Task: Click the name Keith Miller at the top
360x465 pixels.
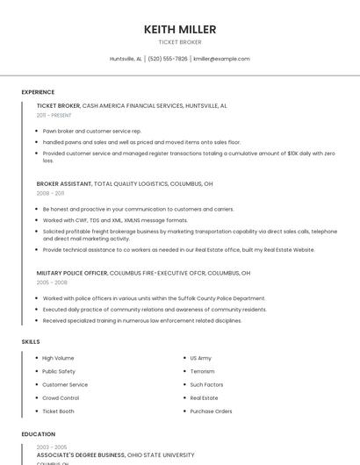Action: coord(180,29)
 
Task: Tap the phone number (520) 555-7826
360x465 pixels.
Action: coord(168,59)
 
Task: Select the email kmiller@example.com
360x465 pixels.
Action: coord(221,59)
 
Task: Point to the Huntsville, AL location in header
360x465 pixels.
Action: coord(126,59)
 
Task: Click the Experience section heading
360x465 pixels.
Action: coord(38,91)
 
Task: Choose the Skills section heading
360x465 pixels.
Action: coord(30,341)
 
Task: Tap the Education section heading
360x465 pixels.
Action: coord(38,434)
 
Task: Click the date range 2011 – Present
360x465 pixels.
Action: coord(54,115)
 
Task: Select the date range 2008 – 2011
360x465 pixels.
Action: coord(50,193)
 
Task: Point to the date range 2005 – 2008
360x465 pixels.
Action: coord(50,283)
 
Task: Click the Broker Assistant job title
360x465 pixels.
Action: coord(64,184)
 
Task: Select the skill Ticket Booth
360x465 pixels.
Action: coord(59,411)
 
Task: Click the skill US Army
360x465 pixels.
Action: coord(200,358)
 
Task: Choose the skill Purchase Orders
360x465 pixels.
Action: coord(211,411)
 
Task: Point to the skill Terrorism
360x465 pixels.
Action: coord(202,371)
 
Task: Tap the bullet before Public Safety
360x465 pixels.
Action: coord(36,371)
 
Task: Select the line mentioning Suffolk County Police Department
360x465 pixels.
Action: coord(154,298)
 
